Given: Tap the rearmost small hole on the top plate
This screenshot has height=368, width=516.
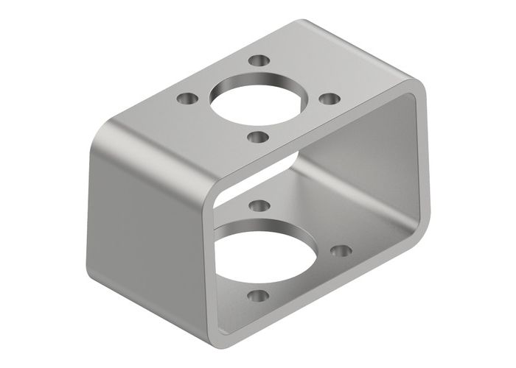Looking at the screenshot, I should [257, 61].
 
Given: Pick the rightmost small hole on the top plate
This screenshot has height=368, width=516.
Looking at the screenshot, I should [331, 99].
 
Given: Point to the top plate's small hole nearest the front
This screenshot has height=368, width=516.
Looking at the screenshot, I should [257, 136].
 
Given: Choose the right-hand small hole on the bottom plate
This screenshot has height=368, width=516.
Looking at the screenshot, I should [341, 251].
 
